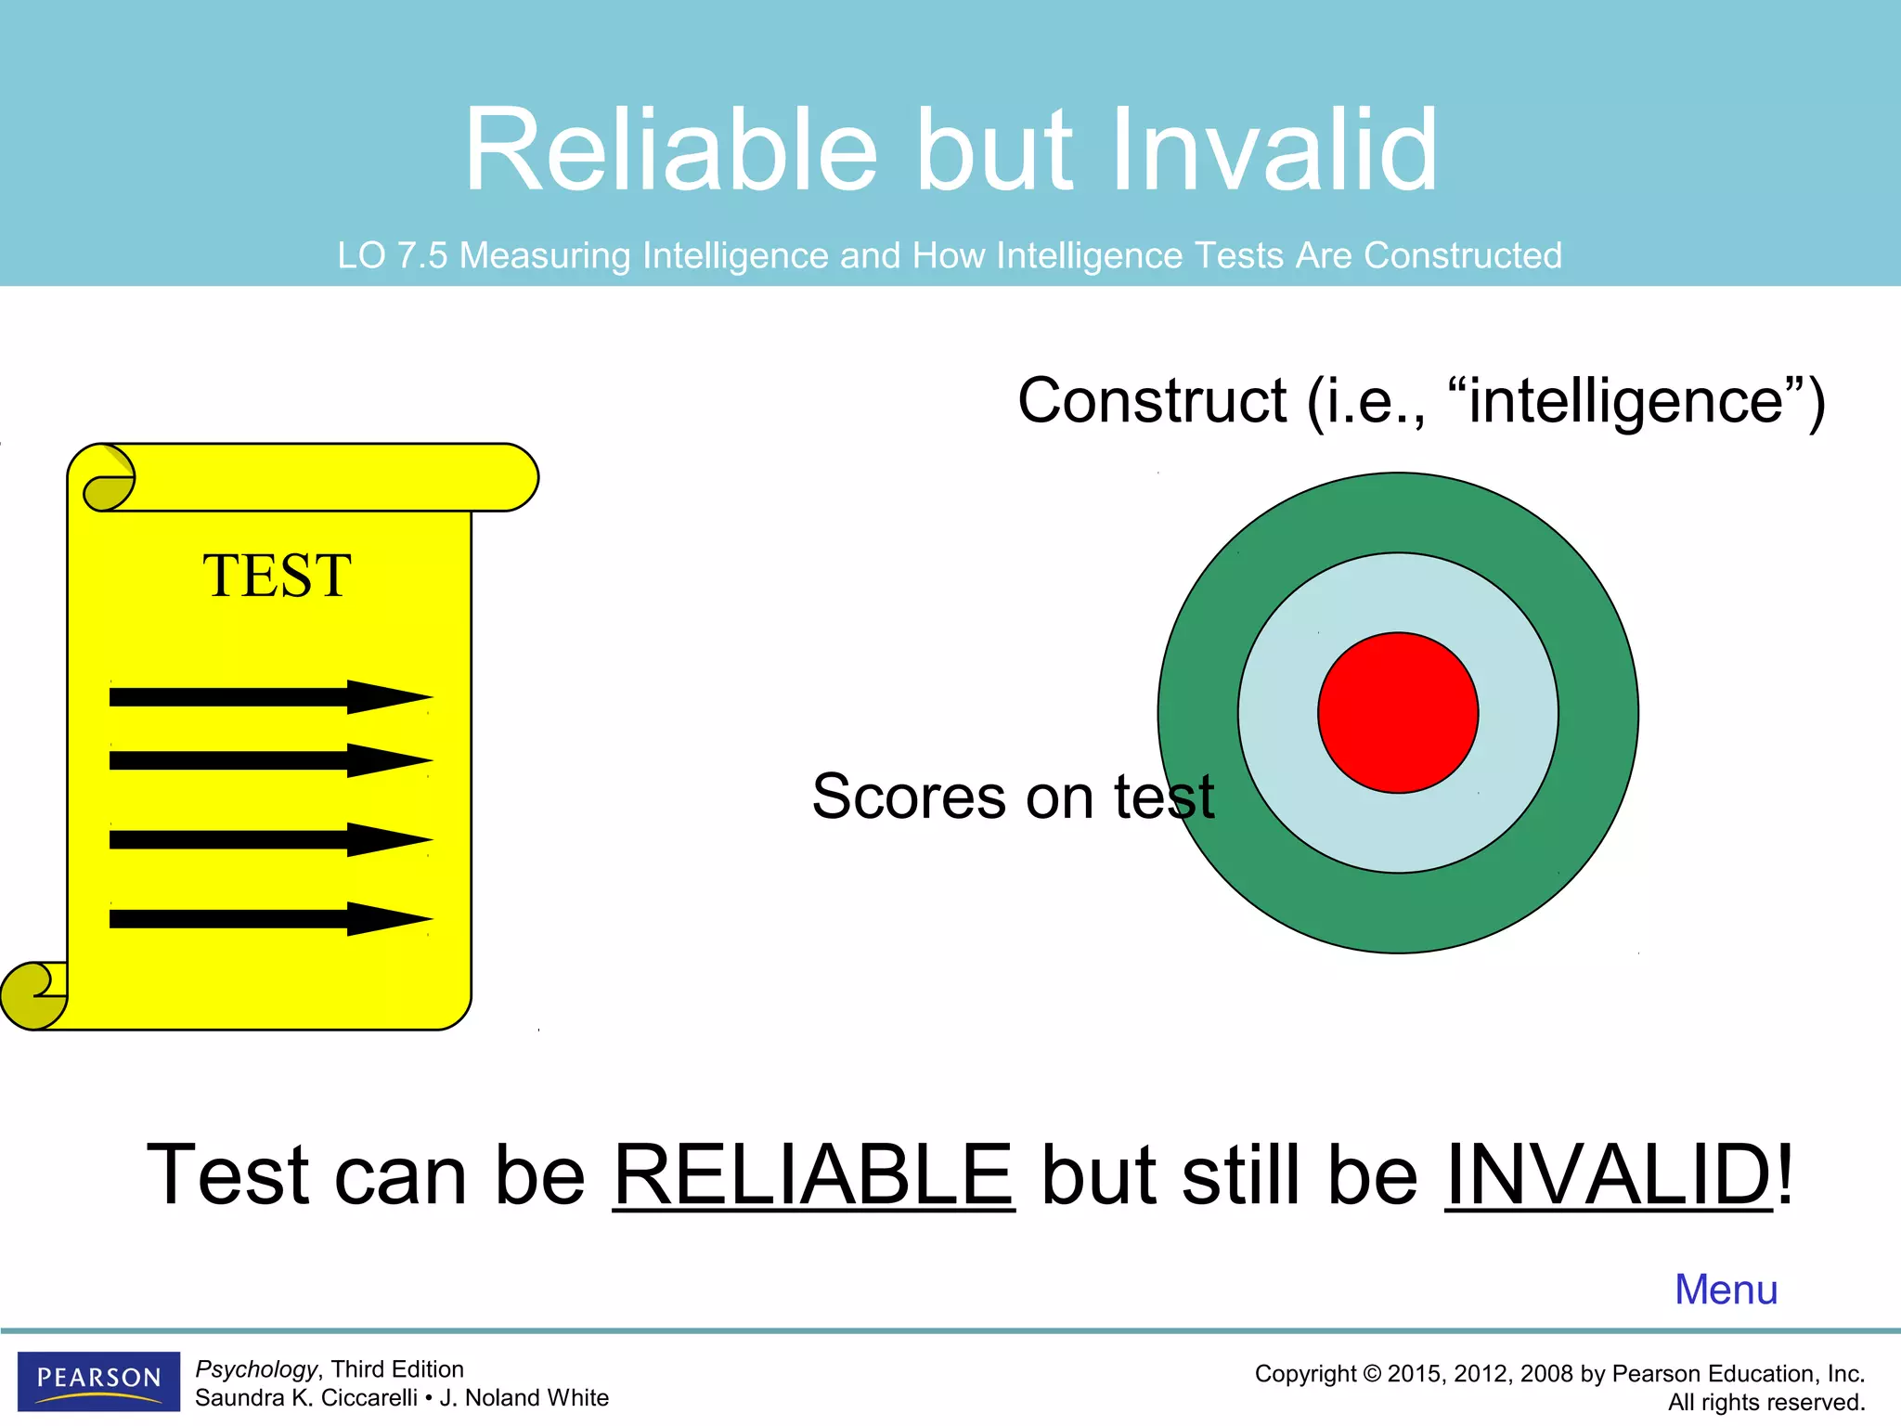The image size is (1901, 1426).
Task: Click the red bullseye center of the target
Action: (1398, 713)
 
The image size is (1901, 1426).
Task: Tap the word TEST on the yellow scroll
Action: (277, 576)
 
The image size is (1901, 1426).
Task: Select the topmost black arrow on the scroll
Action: (269, 696)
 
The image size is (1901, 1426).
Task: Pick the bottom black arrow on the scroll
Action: (269, 919)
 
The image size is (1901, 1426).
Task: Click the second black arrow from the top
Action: (269, 760)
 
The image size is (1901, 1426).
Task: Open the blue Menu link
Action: (1726, 1290)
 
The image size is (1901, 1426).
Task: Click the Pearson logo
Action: (98, 1381)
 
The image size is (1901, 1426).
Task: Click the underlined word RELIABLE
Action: (813, 1175)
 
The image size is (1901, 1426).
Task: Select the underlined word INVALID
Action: (1608, 1175)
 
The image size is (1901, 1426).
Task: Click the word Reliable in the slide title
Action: (670, 150)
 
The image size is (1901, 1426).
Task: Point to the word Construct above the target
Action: (1151, 401)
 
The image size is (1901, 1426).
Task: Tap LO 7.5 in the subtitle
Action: (392, 255)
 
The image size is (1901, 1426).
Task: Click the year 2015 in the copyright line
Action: (1415, 1374)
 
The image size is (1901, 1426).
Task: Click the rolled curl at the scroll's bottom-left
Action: (33, 995)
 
